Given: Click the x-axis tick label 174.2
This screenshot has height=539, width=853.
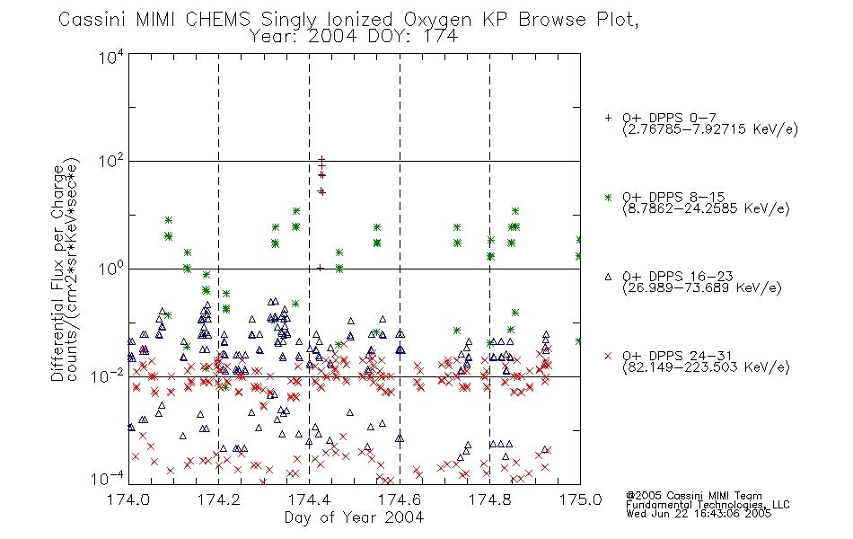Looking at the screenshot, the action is click(219, 499).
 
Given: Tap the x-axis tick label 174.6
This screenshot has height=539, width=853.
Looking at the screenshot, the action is click(400, 499).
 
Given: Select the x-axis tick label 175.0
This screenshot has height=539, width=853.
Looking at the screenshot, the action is click(580, 499).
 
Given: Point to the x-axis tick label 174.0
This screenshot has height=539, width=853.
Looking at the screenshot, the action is click(128, 499).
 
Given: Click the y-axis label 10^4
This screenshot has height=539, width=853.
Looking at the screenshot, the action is click(111, 57).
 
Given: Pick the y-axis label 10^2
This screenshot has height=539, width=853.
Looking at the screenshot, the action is click(111, 162).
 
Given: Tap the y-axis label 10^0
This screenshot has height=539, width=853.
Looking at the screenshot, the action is click(111, 269).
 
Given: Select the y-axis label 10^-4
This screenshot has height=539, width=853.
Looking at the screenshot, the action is click(108, 479).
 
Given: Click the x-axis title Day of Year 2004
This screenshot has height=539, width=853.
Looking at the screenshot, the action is click(354, 517).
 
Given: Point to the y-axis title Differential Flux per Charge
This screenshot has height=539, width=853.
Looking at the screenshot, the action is click(57, 273).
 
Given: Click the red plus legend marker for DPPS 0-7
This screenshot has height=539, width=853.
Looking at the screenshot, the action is click(608, 118).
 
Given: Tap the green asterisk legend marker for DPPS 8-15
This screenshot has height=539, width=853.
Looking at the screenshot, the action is click(608, 197).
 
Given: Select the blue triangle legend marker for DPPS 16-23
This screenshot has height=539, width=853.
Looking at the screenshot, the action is click(608, 277).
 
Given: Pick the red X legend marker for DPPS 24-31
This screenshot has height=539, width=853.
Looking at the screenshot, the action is click(608, 356).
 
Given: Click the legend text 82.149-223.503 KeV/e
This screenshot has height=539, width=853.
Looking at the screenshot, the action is click(706, 367).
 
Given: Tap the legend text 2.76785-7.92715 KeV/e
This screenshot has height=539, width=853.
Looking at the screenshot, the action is click(710, 129).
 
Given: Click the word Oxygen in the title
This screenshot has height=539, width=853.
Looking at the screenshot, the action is click(437, 20).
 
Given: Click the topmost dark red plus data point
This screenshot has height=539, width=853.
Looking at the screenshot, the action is click(321, 159).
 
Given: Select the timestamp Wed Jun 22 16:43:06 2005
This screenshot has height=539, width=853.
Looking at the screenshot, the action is click(699, 514).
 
